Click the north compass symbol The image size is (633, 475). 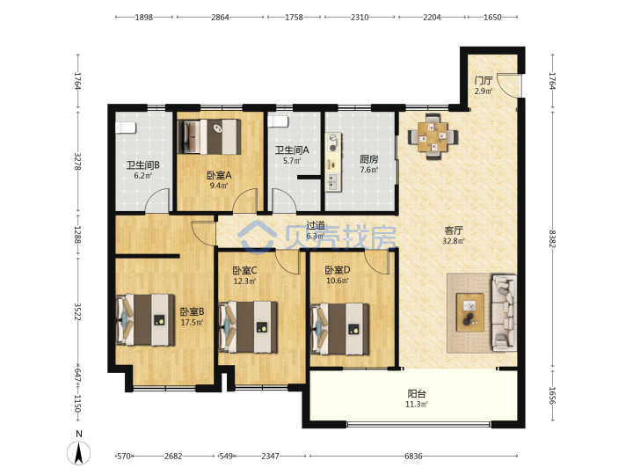[79, 452]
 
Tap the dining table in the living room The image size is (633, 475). [433, 136]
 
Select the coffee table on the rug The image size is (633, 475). [469, 312]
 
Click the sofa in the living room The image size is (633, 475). [504, 312]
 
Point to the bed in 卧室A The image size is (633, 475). [210, 136]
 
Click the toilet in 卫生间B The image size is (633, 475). [126, 128]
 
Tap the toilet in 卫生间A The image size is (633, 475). [278, 121]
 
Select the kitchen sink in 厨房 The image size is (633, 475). [333, 183]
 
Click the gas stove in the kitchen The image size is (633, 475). [333, 143]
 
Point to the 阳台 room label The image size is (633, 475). [417, 393]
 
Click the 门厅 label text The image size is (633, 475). [484, 80]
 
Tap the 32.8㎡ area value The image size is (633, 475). [454, 241]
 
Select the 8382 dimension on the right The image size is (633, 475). [552, 238]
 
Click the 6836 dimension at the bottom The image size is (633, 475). [413, 456]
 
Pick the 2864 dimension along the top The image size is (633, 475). [220, 17]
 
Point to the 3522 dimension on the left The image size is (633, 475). [78, 311]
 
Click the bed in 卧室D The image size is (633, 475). [340, 329]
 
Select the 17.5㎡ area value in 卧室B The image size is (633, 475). [192, 322]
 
